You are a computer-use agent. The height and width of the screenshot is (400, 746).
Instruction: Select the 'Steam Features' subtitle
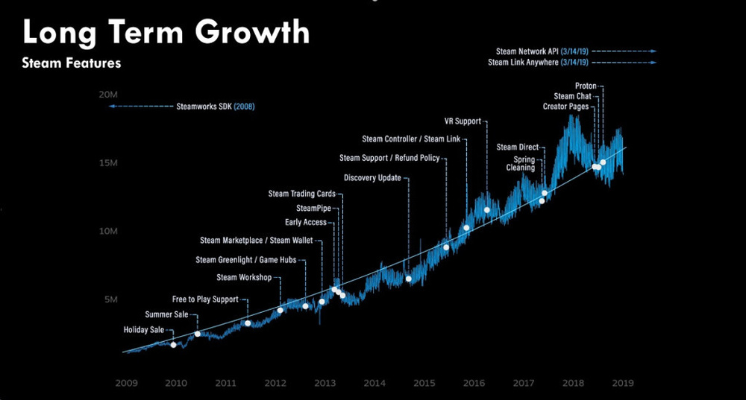point(72,64)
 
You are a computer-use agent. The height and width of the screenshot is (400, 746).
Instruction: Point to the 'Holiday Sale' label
point(143,329)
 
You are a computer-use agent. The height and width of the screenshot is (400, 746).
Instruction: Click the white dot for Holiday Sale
point(174,345)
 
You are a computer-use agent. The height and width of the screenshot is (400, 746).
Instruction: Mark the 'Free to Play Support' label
point(205,299)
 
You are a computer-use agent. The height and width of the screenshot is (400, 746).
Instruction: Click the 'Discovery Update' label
point(372,178)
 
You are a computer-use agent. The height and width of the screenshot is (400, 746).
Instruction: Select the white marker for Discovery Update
point(409,279)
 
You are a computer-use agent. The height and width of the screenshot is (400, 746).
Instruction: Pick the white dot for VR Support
point(487,210)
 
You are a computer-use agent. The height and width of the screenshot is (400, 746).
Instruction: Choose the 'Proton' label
point(586,86)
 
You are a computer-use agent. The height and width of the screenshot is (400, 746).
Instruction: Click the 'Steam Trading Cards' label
point(301,194)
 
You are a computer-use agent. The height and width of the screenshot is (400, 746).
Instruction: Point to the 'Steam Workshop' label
point(244,277)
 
